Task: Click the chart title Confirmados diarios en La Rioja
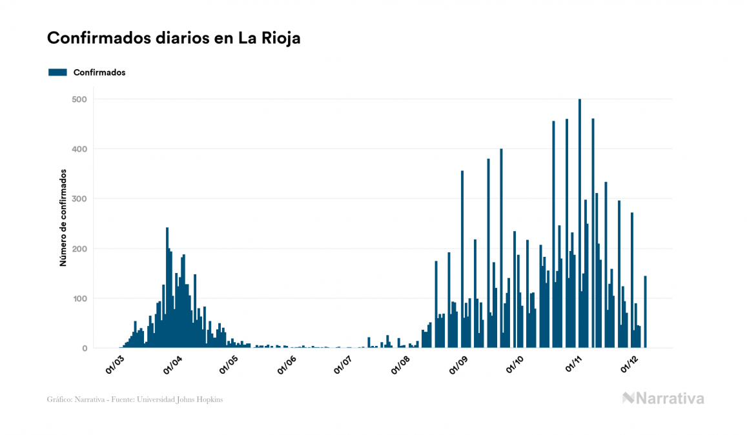tap(174, 38)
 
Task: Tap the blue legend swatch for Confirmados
tap(57, 72)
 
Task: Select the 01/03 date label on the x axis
tap(114, 364)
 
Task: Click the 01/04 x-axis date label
tap(172, 364)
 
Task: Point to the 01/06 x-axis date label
tap(287, 364)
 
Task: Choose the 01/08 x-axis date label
tap(401, 364)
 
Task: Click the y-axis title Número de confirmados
tap(63, 218)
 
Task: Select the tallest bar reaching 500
tap(580, 226)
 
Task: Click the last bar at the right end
tap(645, 313)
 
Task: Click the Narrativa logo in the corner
tap(663, 398)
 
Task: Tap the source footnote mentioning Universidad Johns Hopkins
tap(135, 400)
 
